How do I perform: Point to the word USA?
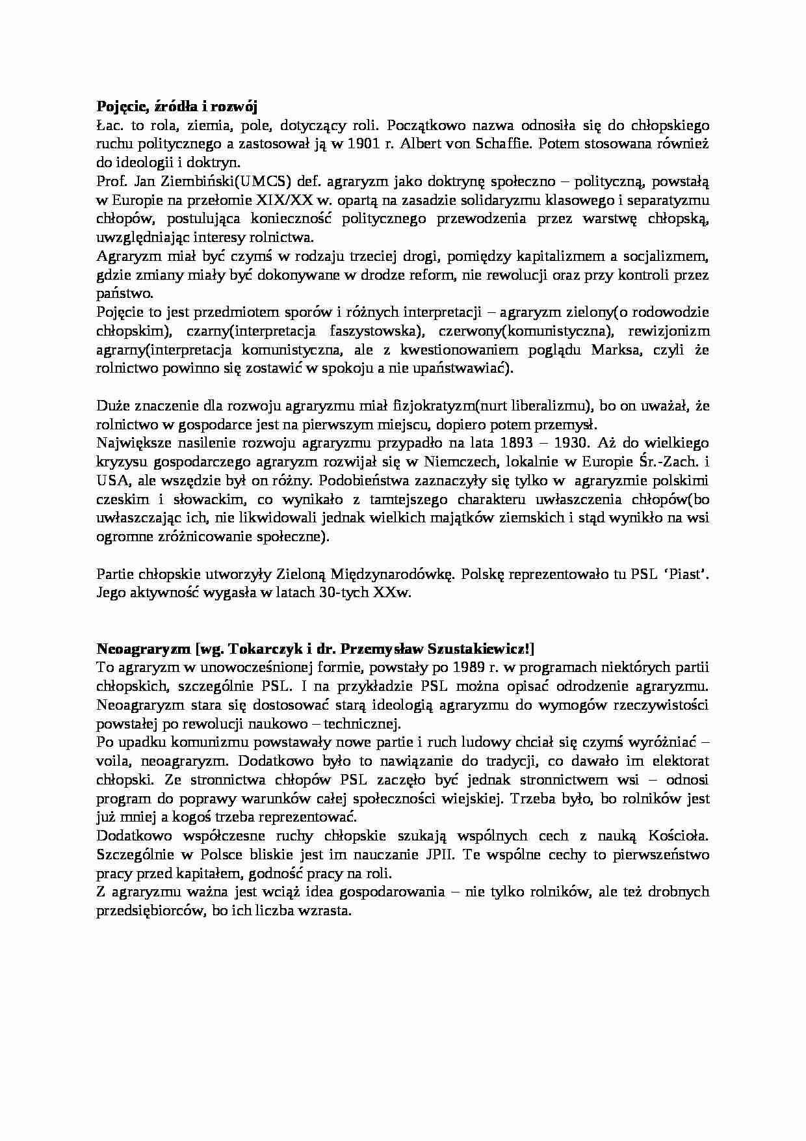click(109, 481)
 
